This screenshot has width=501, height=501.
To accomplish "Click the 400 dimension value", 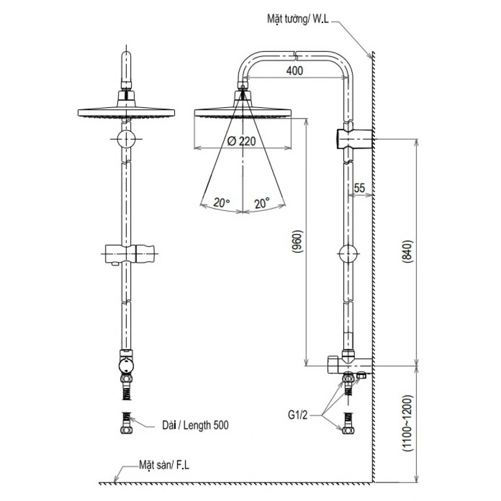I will point(294,70).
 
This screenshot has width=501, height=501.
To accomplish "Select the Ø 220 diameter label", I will point(241,141).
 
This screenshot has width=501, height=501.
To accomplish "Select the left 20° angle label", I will point(221,202).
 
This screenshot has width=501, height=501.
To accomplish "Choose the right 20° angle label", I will point(262,202).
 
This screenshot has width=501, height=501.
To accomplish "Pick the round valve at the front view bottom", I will point(126,366).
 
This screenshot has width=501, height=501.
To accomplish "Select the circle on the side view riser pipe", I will point(348,254).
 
